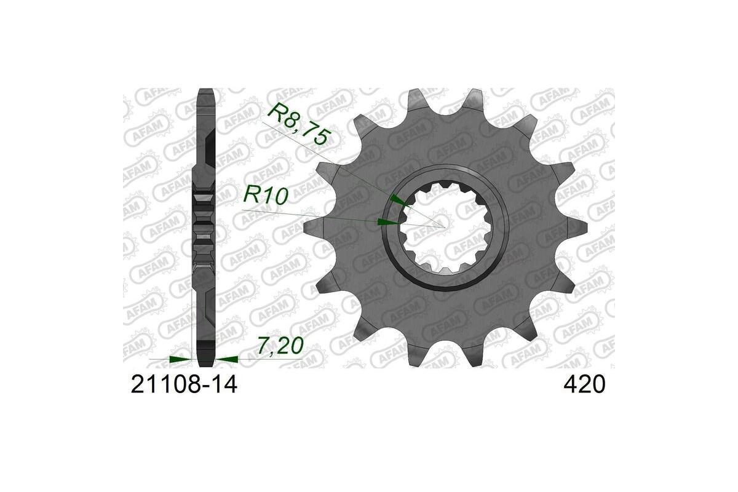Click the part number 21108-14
[184, 384]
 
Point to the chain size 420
[584, 384]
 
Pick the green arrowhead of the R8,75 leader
[400, 201]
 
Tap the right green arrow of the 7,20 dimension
[227, 359]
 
